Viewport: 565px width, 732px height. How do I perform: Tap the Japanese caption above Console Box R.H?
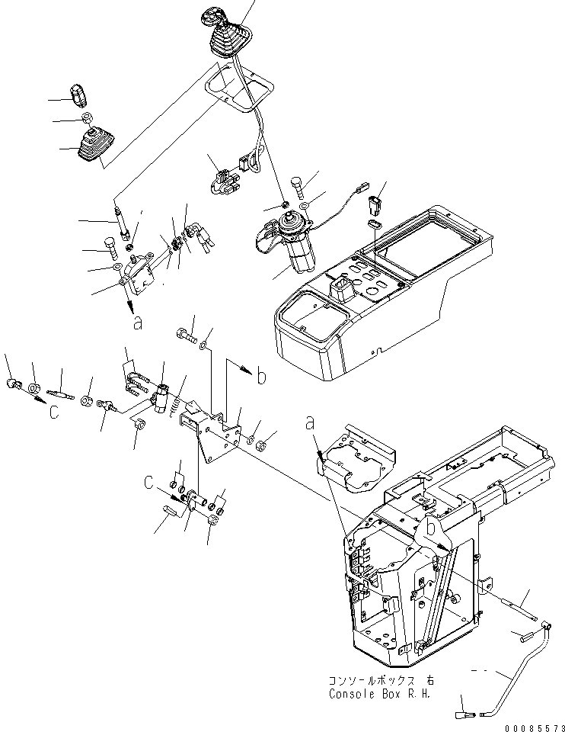click(x=377, y=681)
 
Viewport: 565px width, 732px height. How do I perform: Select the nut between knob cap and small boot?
click(x=87, y=119)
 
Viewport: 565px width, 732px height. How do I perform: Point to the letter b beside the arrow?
click(x=261, y=375)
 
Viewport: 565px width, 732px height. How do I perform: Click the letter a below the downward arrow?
click(x=137, y=324)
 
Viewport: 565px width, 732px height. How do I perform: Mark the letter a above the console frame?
click(x=310, y=422)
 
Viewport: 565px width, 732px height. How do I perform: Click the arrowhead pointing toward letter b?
click(x=246, y=368)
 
